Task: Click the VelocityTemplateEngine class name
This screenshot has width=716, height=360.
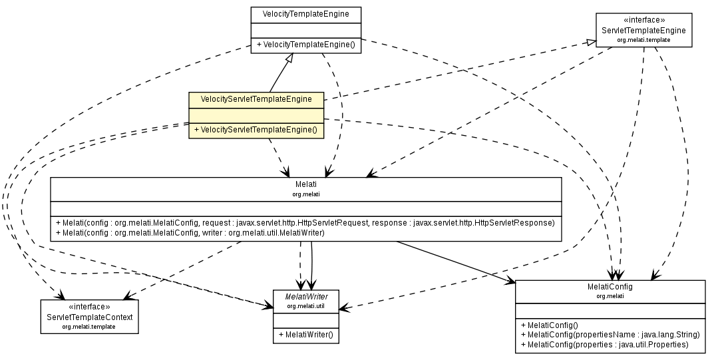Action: pos(305,13)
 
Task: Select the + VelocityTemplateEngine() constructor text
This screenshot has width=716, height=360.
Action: pos(305,45)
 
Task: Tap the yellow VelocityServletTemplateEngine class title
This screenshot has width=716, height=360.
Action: pos(256,99)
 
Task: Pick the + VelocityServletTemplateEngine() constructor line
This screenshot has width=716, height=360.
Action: pos(256,130)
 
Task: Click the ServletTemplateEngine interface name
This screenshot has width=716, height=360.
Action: pos(643,31)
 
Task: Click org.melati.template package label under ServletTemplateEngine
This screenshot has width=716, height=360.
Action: pos(643,40)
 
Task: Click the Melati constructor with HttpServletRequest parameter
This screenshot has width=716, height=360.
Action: pos(305,222)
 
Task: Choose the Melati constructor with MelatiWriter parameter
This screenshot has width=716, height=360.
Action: pos(190,233)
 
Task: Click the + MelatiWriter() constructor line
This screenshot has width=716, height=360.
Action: pos(306,335)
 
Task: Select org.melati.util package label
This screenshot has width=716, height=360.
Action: pos(306,306)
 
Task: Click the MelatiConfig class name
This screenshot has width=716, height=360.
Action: pos(610,287)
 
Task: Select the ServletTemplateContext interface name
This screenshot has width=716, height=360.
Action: pos(89,317)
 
